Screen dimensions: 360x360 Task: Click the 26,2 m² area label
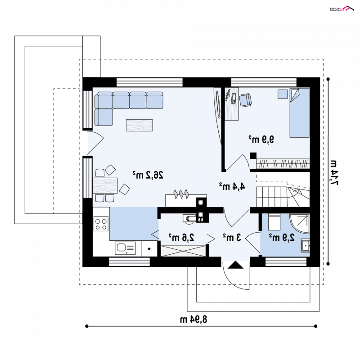coord(148,175)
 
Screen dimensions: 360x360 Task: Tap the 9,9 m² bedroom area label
coord(261,139)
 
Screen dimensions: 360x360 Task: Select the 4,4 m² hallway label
coord(232,186)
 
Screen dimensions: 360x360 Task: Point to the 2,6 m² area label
coord(181,238)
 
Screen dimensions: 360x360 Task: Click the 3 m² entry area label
coord(232,238)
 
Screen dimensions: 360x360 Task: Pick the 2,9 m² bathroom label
coord(282,238)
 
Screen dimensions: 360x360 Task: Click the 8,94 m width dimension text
coord(193,319)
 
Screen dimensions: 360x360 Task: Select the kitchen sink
coord(125,248)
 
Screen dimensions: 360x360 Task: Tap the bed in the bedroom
coord(299,113)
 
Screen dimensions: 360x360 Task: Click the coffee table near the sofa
coord(139,126)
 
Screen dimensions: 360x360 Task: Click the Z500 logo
coord(342,9)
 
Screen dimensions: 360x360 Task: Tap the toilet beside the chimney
coord(189,218)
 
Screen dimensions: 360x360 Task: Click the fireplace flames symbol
coord(181,194)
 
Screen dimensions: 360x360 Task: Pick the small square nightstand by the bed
coord(283,94)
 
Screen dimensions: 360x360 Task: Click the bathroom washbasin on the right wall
coord(306,246)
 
